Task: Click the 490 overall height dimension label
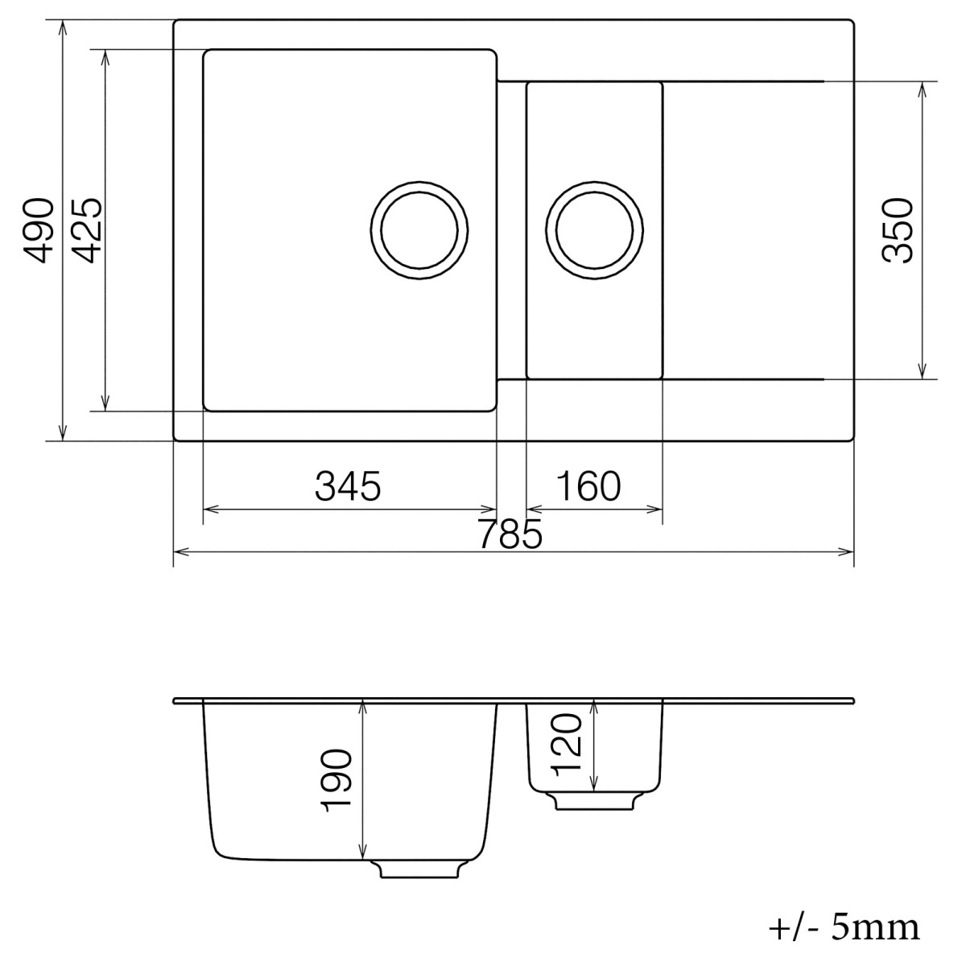point(39,230)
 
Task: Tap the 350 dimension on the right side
point(897,230)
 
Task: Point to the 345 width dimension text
point(347,486)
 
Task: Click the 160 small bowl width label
point(588,486)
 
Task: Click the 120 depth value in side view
point(568,742)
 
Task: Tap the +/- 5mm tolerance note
point(844,927)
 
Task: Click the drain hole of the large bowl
point(419,229)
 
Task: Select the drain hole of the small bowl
point(595,231)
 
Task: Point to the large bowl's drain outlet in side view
point(418,869)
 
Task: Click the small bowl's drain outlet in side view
point(594,801)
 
